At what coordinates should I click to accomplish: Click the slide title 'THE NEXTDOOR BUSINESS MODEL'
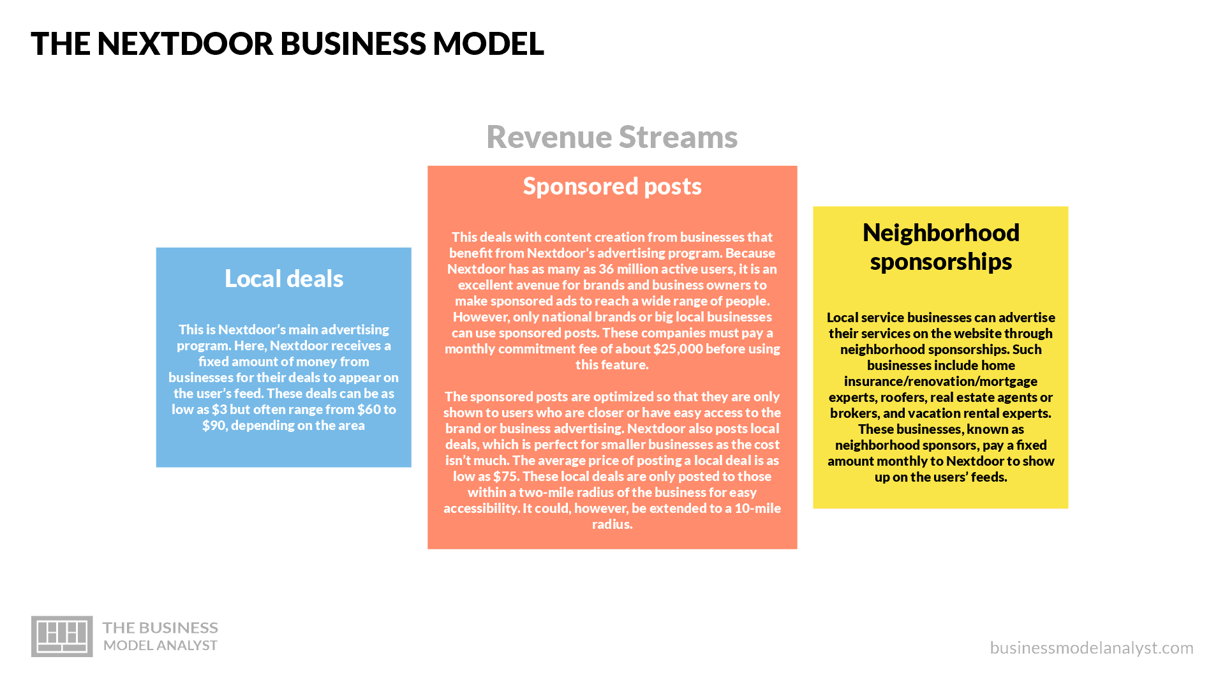(x=287, y=43)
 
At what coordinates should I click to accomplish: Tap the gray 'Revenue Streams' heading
(x=612, y=137)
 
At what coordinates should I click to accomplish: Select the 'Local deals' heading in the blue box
(x=284, y=279)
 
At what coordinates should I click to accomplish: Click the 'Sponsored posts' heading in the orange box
(x=612, y=186)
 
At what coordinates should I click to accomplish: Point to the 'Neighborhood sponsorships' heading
(x=941, y=247)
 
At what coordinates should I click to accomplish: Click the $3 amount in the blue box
(x=219, y=410)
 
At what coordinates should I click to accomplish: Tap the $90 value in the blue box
(x=213, y=426)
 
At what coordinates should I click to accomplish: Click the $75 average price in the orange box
(x=504, y=477)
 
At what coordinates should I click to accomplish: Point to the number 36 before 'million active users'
(x=606, y=269)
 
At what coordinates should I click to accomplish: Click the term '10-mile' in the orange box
(x=758, y=508)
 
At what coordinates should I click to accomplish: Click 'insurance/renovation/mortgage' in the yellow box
(x=941, y=382)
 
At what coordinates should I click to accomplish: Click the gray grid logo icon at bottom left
(x=62, y=636)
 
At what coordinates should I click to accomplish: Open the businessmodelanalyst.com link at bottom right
(x=1092, y=648)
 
